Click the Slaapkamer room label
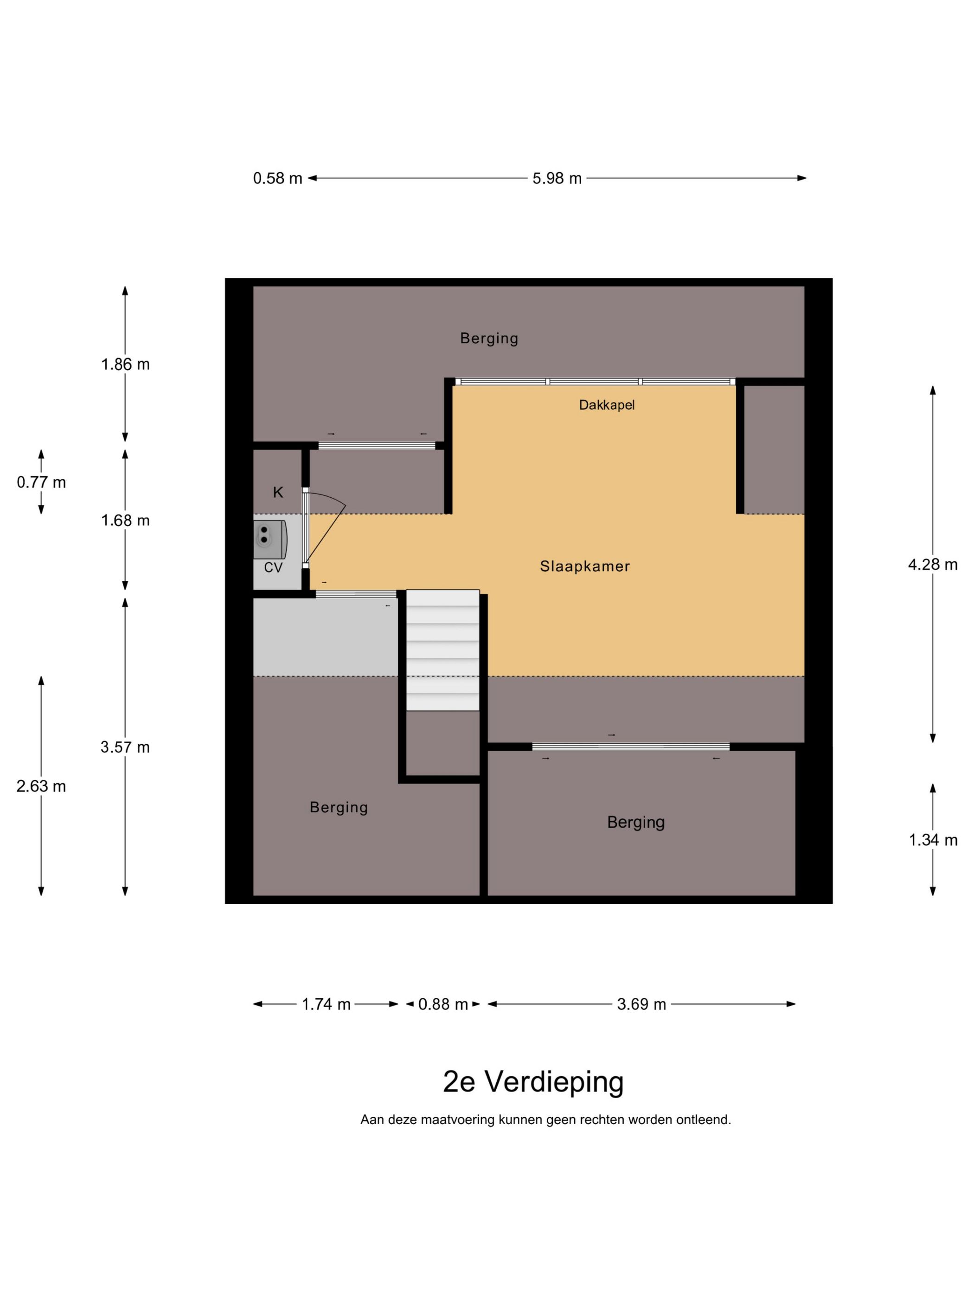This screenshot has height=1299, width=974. point(584,566)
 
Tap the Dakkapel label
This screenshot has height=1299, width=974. point(607,405)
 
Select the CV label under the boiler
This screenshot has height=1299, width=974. point(273,567)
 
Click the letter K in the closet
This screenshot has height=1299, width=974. point(278,492)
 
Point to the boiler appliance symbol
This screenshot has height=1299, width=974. point(269,539)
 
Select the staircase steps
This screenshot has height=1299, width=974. point(442,649)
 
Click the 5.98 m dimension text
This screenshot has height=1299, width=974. point(557,178)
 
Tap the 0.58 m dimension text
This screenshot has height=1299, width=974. point(277,178)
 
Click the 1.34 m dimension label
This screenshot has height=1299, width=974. point(932,840)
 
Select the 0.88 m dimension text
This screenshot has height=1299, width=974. point(442,1004)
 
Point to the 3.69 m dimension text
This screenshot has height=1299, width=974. point(641,1004)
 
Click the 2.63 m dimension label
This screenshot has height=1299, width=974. point(41,786)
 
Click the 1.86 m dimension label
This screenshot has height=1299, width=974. point(125,364)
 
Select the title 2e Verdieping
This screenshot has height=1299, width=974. point(532,1082)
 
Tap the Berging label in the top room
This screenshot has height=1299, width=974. point(488,338)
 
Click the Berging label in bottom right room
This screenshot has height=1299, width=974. point(635,822)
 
